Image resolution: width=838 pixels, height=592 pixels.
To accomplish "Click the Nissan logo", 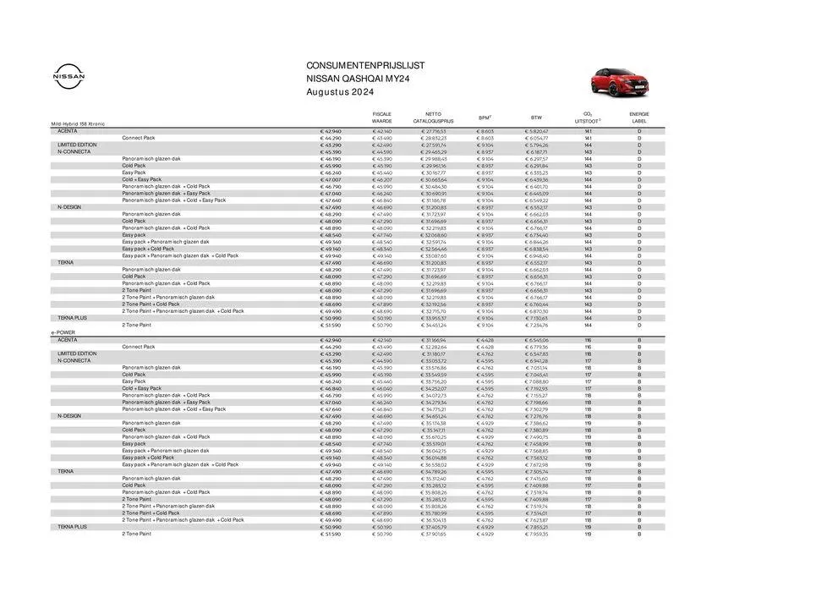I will tap(69, 76).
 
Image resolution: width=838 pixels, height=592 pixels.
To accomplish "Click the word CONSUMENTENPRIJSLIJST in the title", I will tap(366, 65).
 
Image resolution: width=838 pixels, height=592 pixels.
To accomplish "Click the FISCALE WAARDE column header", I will tap(382, 117).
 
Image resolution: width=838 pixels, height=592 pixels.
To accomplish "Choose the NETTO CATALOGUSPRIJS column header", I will tap(433, 117).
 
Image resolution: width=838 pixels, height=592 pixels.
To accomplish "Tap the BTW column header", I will tap(536, 118).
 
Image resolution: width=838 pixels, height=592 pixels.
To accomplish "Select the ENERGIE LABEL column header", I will tap(639, 117).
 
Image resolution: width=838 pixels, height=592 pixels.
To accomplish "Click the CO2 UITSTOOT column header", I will tap(588, 117).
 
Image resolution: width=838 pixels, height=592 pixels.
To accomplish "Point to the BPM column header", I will tap(485, 118).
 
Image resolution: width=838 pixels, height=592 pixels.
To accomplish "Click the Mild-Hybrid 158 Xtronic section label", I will tap(79, 124).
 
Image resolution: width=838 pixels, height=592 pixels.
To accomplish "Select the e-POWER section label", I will tap(63, 332).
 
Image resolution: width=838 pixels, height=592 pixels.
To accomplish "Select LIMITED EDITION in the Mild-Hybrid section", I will tap(77, 145).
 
